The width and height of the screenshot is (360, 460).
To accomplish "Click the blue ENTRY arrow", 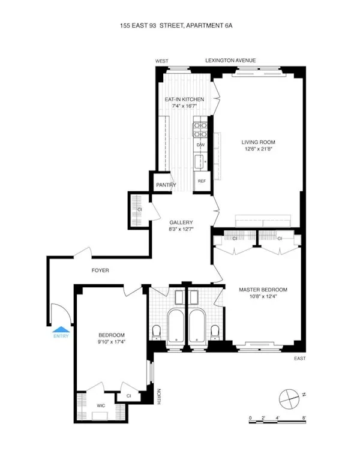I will click(x=61, y=328).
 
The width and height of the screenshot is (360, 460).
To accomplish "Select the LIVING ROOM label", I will click(x=259, y=143).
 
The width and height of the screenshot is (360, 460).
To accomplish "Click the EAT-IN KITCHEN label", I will click(x=184, y=99).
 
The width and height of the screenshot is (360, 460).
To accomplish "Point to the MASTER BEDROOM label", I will click(x=263, y=290).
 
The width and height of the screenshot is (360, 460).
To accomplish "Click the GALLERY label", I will click(x=181, y=222).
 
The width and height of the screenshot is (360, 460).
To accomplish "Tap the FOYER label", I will click(x=100, y=270).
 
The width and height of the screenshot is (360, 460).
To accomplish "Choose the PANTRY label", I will click(x=166, y=185).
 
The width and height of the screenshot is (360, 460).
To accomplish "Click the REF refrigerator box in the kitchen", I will click(x=202, y=181).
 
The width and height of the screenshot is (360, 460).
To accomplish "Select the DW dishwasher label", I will click(x=200, y=145).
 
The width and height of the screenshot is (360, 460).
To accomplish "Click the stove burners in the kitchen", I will click(x=200, y=130).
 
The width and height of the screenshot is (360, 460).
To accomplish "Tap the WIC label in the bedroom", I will click(x=101, y=406).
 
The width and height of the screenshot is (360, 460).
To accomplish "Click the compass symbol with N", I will click(x=290, y=397).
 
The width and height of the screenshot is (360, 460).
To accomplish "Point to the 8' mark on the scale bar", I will click(x=305, y=417).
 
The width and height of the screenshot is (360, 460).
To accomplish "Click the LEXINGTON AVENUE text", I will click(x=230, y=61).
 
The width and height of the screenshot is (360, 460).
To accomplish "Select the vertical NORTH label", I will click(x=159, y=397).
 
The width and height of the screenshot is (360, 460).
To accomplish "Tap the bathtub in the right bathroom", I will click(x=197, y=327).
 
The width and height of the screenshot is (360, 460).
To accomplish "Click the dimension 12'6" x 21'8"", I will click(x=259, y=150).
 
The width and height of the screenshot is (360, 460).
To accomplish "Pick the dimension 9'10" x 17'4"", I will click(x=112, y=342).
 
